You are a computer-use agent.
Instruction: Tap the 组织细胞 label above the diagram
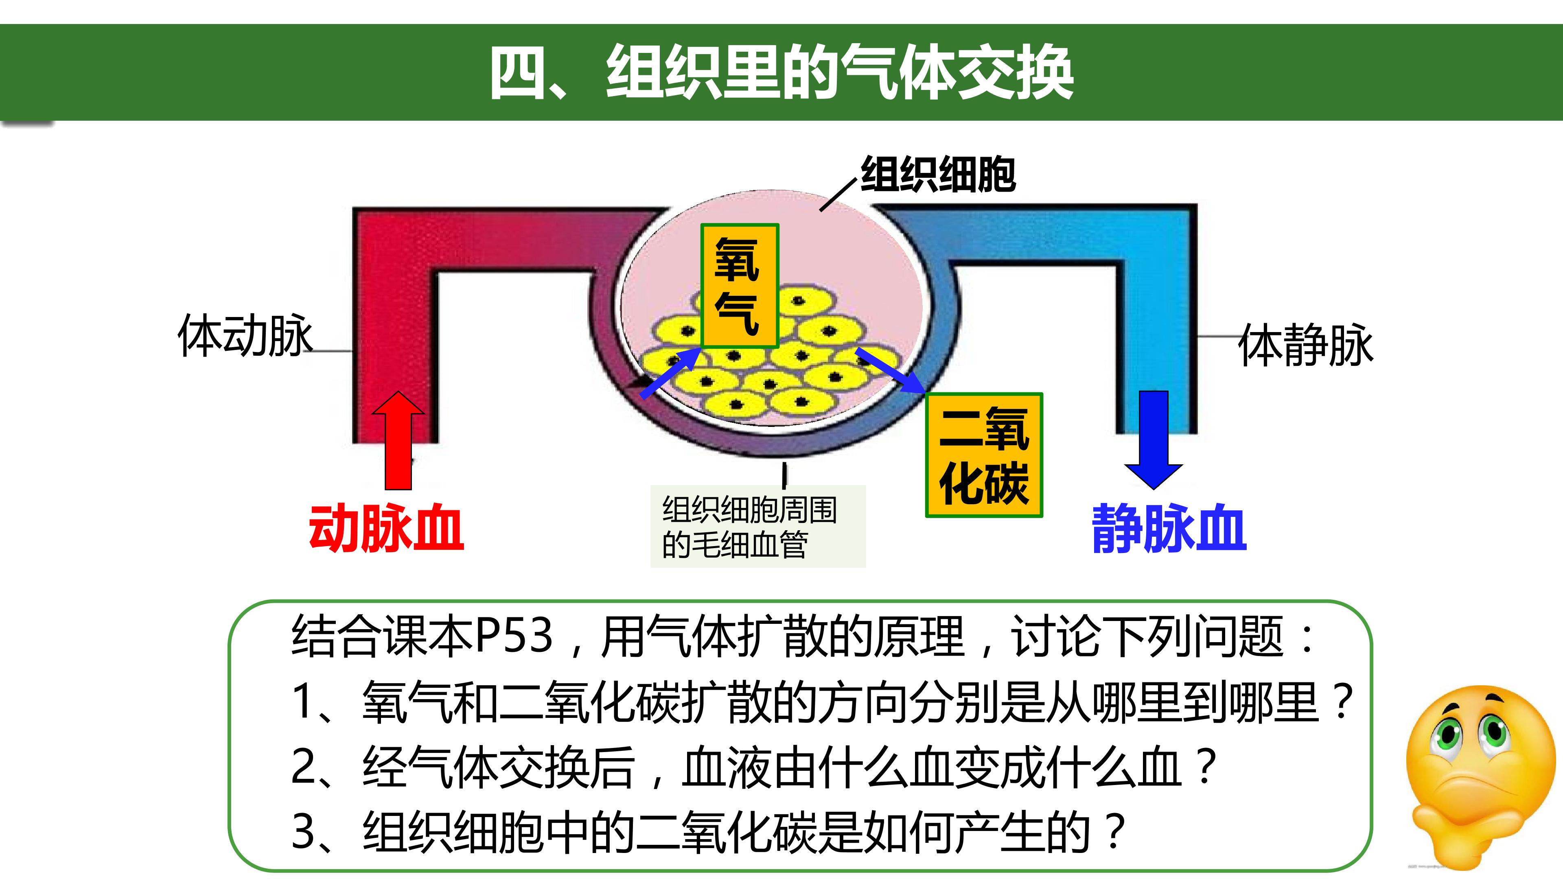(x=938, y=175)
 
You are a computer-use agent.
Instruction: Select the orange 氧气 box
(x=740, y=286)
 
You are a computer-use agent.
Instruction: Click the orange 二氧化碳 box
(x=983, y=455)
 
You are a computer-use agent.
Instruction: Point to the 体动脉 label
(x=245, y=335)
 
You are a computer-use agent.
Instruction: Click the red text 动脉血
(x=387, y=528)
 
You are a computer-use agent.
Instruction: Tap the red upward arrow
(x=398, y=440)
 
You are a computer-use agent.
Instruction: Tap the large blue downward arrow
(x=1154, y=440)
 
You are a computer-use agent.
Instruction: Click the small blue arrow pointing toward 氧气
(x=670, y=374)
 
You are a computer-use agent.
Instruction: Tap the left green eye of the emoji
(x=1447, y=733)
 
